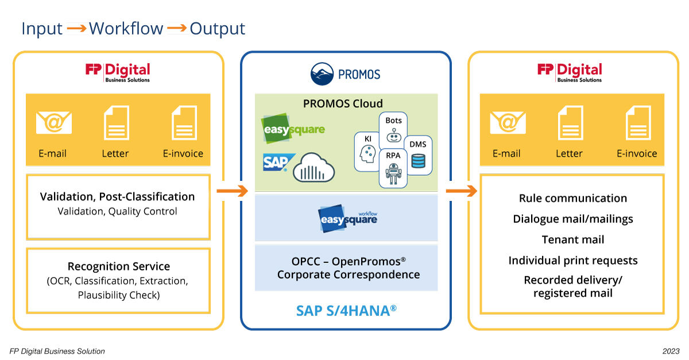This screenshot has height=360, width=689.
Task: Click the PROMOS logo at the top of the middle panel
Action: click(x=345, y=74)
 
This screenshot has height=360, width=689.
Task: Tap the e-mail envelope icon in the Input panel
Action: click(x=54, y=122)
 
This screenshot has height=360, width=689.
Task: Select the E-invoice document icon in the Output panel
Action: click(x=637, y=122)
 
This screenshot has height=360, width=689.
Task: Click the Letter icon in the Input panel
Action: click(x=115, y=122)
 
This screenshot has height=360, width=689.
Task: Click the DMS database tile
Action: click(x=418, y=155)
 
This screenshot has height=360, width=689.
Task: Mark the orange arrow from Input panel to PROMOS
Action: click(x=231, y=191)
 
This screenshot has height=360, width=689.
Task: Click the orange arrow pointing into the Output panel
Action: click(x=460, y=191)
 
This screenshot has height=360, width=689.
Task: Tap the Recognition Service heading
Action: click(x=119, y=266)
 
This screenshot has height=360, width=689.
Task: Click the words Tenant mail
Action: click(x=572, y=239)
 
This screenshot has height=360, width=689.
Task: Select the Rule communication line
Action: click(x=572, y=198)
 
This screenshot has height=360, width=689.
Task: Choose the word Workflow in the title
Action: click(x=126, y=29)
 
